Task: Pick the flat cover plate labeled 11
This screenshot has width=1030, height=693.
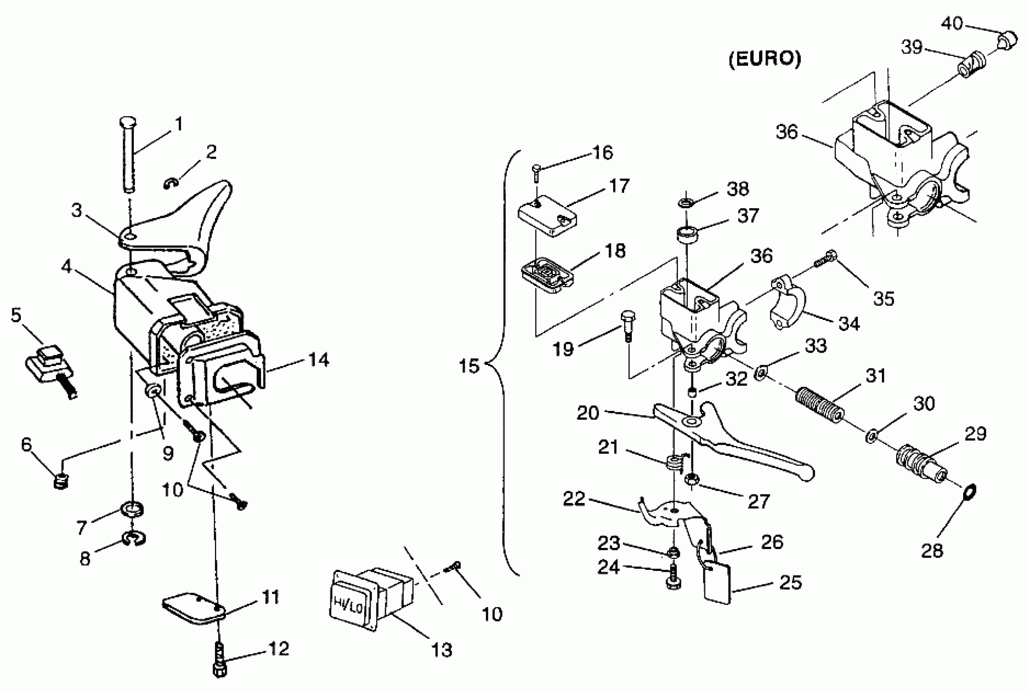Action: (194, 609)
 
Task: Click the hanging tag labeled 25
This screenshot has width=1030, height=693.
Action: (717, 581)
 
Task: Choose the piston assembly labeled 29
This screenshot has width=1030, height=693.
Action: (921, 466)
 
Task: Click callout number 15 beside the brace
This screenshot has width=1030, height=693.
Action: (469, 366)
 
